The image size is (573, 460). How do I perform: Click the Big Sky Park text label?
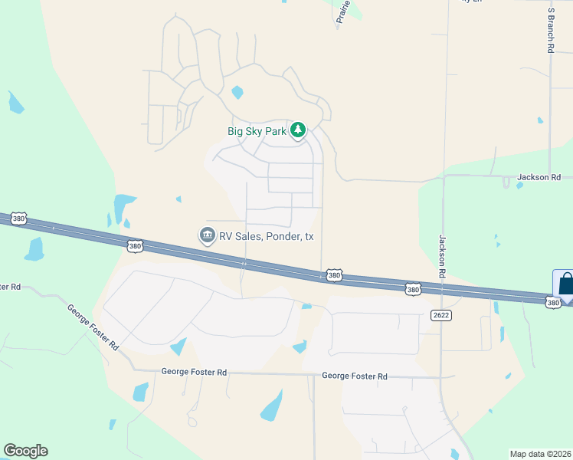pyautogui.click(x=257, y=131)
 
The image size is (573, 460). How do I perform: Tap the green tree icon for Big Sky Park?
pyautogui.click(x=298, y=130)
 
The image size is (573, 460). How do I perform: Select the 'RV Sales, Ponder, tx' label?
pyautogui.click(x=267, y=236)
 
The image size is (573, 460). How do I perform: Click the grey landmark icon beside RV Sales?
pyautogui.click(x=207, y=235)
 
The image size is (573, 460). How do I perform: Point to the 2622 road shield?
pyautogui.click(x=440, y=314)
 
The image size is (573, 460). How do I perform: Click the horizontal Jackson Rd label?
pyautogui.click(x=539, y=177)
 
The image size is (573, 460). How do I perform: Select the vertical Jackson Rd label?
pyautogui.click(x=443, y=256)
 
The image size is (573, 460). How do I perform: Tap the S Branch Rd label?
pyautogui.click(x=551, y=31)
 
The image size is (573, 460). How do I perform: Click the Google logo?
pyautogui.click(x=25, y=451)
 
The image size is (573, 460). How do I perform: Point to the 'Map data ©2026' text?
pyautogui.click(x=541, y=454)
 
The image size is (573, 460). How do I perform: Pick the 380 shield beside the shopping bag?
pyautogui.click(x=553, y=304)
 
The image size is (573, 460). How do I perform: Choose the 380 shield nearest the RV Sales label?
pyautogui.click(x=135, y=246)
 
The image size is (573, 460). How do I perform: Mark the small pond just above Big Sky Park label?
pyautogui.click(x=237, y=93)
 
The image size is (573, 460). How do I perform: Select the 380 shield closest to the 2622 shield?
pyautogui.click(x=413, y=289)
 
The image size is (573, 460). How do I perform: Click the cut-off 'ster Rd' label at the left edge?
pyautogui.click(x=10, y=287)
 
